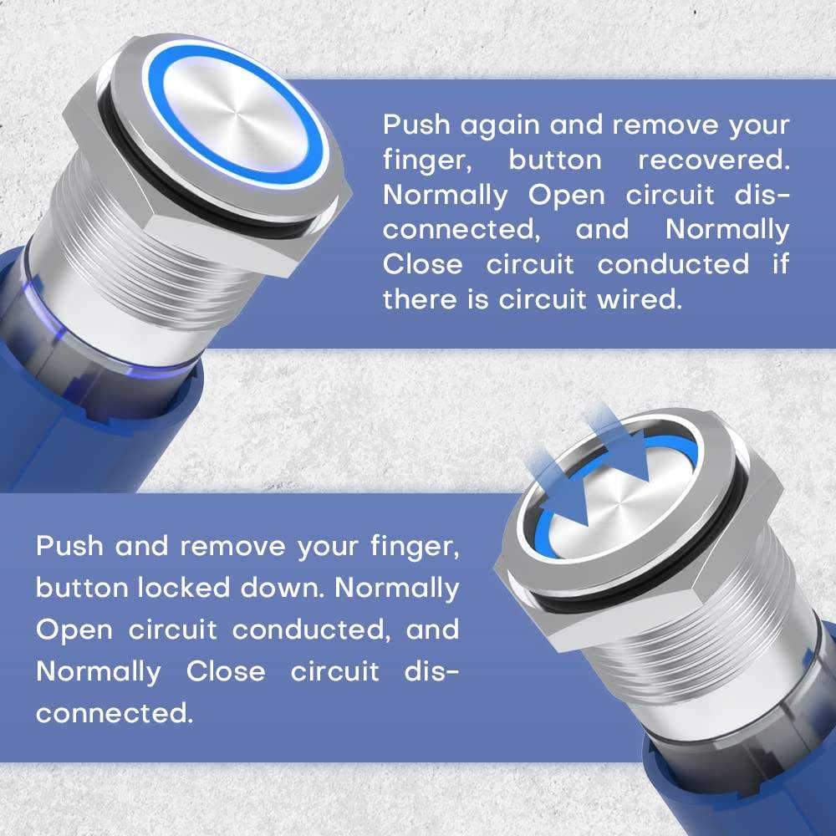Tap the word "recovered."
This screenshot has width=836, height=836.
pos(714,160)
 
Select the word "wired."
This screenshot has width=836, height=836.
pos(640,299)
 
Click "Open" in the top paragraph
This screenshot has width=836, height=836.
pos(567,196)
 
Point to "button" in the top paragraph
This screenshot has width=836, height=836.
pos(555,160)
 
